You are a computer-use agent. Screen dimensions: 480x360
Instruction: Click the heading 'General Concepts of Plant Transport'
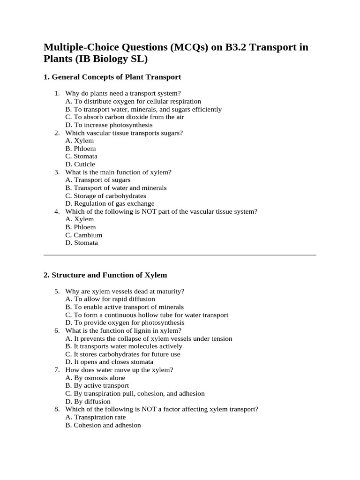coord(116,77)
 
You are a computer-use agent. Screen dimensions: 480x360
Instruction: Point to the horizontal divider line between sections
coord(180,255)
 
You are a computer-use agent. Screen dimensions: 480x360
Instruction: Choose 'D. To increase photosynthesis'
coord(109,125)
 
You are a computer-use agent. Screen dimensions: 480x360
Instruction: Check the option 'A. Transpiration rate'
coord(96,417)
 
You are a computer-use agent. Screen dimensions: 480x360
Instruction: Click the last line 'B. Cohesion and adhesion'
coord(103,425)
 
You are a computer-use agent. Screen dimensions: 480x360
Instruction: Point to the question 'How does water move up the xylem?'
coord(119,370)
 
